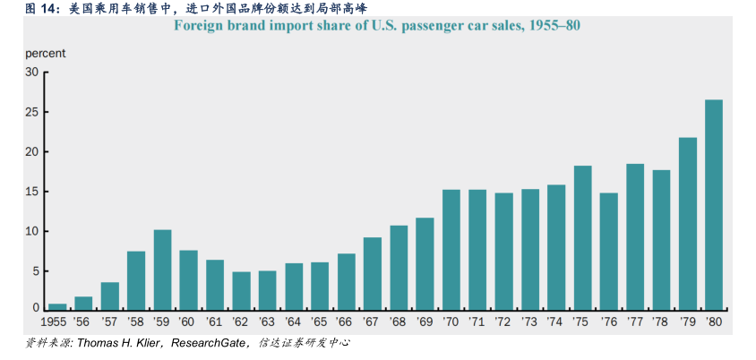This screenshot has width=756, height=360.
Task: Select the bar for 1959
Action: point(162,270)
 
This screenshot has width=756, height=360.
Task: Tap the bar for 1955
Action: point(57,306)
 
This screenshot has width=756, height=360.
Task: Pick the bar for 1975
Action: point(582,237)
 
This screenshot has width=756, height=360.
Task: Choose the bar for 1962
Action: point(241,290)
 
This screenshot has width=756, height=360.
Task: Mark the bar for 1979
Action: point(688,223)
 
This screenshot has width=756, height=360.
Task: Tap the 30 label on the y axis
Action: point(32,73)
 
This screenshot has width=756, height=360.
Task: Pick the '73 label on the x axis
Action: point(530,321)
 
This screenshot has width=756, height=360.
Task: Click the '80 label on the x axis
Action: point(714,321)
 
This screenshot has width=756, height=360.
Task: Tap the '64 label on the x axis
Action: point(294,321)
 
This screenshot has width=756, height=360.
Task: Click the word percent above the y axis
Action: point(45,53)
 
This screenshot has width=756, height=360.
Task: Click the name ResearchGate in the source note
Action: point(209,343)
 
